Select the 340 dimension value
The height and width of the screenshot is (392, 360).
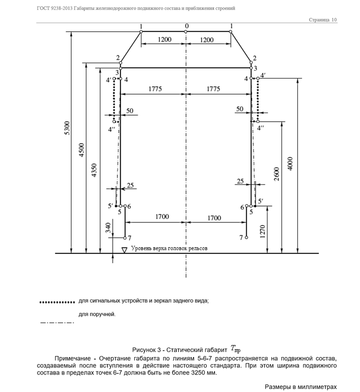pyautogui.click(x=107, y=228)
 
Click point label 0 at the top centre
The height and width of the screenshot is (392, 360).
pyautogui.click(x=187, y=26)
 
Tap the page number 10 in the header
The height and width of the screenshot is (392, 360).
pyautogui.click(x=334, y=20)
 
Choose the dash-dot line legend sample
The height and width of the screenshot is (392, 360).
pyautogui.click(x=57, y=323)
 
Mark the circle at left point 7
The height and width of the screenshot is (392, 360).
pyautogui.click(x=125, y=238)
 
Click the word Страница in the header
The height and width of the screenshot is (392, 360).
pyautogui.click(x=319, y=20)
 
